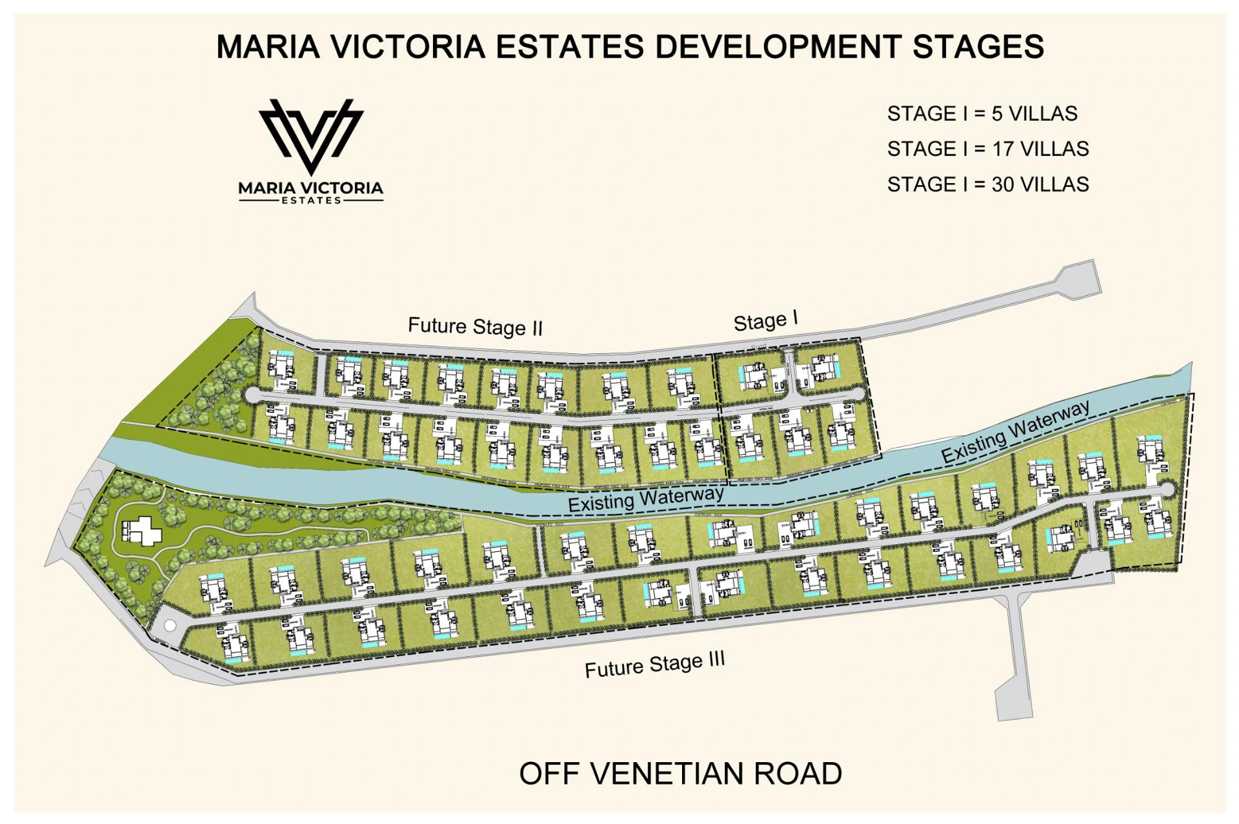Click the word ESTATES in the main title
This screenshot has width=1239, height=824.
point(570,47)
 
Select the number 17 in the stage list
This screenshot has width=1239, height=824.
point(1002,149)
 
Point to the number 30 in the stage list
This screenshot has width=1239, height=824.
point(1003,184)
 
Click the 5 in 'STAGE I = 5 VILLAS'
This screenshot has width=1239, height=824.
point(997,113)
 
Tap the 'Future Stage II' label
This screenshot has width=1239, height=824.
point(475,326)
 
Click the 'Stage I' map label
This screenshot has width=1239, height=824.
point(765,320)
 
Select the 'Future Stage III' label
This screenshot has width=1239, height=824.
point(654,665)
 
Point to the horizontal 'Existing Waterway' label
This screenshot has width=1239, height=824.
point(645,498)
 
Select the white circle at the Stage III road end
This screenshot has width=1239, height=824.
point(170,625)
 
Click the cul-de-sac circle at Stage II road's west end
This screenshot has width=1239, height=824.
point(252,395)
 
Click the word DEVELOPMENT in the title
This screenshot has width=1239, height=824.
point(778,47)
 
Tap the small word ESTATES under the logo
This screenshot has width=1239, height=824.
point(311,201)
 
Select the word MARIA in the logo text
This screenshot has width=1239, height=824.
point(266,188)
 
